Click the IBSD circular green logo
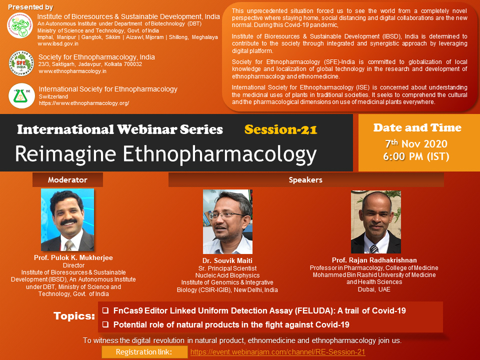click(20, 25)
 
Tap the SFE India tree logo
click(21, 63)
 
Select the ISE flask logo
click(21, 96)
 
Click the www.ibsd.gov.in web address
click(58, 44)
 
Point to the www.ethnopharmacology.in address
click(72, 71)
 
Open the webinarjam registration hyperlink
click(277, 352)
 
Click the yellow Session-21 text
click(280, 129)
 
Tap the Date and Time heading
click(417, 127)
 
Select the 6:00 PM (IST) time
click(416, 156)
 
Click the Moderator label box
click(67, 179)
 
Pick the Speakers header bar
click(306, 179)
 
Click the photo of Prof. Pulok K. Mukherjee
click(67, 220)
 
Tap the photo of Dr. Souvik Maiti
click(228, 221)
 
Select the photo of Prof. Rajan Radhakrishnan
click(376, 222)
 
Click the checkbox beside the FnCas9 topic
click(105, 310)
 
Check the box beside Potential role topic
click(105, 324)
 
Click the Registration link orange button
click(144, 352)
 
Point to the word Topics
click(74, 316)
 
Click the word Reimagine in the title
click(66, 153)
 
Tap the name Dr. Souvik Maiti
click(227, 260)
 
